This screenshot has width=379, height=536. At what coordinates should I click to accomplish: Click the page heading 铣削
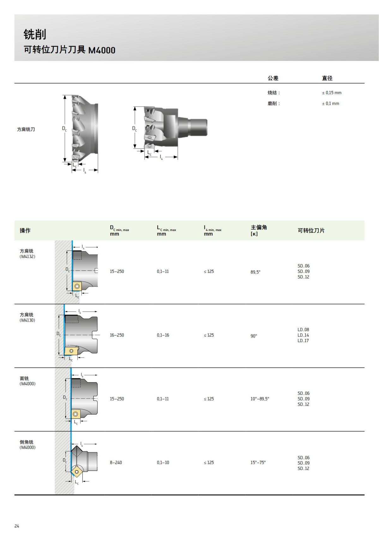point(35,34)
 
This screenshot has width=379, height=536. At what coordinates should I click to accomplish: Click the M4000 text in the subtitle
point(102,50)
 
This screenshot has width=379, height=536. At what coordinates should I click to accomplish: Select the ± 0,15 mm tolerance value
point(332,93)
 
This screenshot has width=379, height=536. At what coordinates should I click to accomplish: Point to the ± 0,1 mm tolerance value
point(330,104)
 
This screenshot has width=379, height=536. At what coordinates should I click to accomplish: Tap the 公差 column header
point(273,78)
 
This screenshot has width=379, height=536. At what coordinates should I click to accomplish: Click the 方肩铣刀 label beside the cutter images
point(26,129)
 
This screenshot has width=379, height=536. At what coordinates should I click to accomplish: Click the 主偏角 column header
point(259,227)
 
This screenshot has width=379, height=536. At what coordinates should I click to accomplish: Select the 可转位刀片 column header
point(311,231)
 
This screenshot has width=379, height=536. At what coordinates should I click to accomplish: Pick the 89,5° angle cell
point(256,272)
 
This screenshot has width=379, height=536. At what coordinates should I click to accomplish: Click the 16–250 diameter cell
point(117,335)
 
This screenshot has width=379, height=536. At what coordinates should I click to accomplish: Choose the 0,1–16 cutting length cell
point(163,335)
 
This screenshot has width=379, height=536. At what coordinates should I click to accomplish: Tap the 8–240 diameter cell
point(116,462)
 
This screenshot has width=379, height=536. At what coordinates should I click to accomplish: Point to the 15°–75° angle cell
point(258,462)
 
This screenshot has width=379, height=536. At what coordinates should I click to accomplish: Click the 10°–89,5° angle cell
point(260,399)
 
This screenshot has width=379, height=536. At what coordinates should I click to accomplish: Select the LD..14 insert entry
point(303,335)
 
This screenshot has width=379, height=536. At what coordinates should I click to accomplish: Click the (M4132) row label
point(27,257)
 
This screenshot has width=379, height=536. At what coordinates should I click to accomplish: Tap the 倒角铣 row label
point(27,442)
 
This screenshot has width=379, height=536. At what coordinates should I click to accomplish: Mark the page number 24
point(17,526)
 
